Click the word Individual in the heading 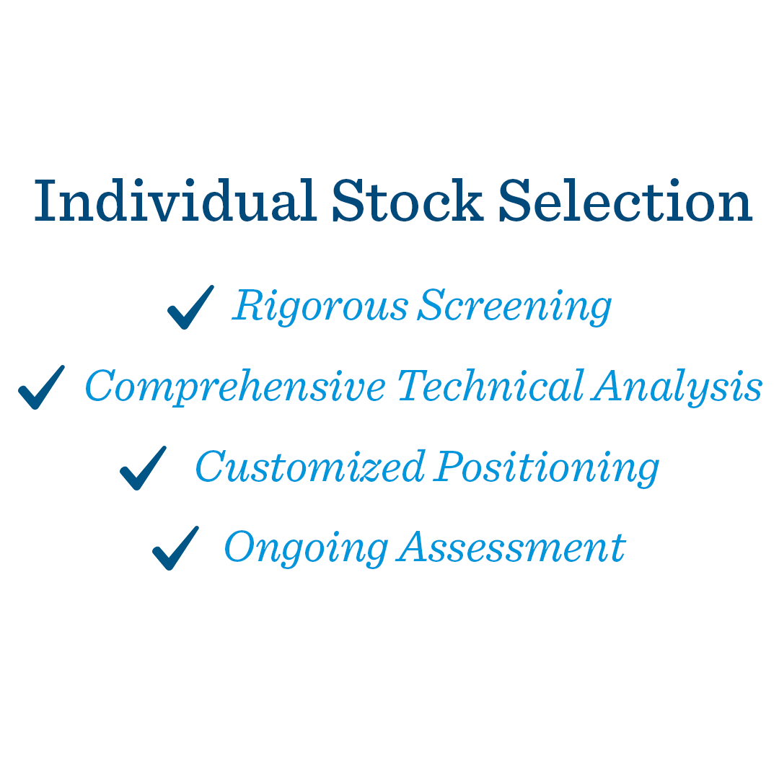[x=175, y=201]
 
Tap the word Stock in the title [x=408, y=201]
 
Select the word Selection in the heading [x=625, y=201]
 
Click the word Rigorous [x=320, y=307]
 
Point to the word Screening [x=515, y=307]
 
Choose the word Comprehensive [x=235, y=387]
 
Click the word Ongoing [x=306, y=548]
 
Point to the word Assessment [x=511, y=547]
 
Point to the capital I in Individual [x=45, y=201]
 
